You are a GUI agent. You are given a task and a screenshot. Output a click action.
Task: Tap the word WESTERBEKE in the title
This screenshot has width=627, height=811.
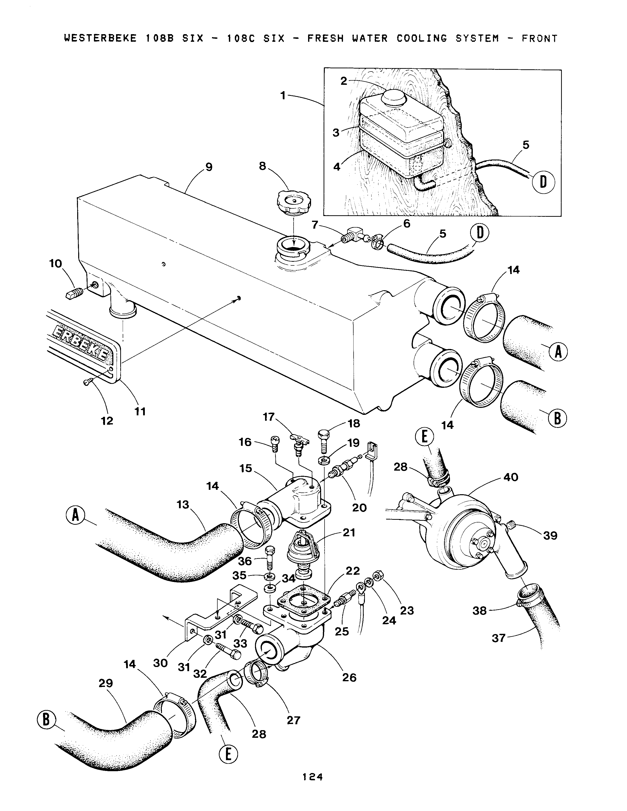coord(100,38)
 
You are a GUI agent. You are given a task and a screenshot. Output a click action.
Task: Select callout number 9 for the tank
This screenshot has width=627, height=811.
coord(209,167)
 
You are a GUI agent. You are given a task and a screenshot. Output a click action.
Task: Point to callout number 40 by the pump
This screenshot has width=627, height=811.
coord(511,477)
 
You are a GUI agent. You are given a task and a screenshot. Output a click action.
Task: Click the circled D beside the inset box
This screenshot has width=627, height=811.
coord(543,182)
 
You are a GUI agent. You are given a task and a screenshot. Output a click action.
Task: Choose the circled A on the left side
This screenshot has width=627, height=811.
coord(76,516)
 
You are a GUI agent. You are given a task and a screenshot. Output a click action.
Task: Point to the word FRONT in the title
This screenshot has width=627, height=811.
coord(539,38)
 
